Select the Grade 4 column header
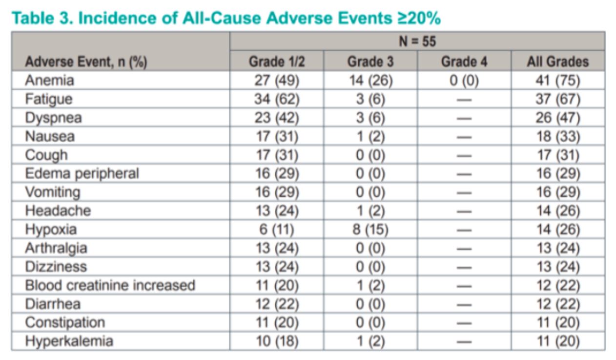(x=464, y=62)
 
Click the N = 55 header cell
(x=417, y=42)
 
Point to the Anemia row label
(x=49, y=81)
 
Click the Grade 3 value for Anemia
(x=370, y=81)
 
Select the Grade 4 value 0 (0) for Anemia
(x=464, y=81)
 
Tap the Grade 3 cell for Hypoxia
(x=370, y=230)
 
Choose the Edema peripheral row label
(x=82, y=173)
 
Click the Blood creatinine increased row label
(x=110, y=285)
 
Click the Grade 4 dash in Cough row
(x=464, y=155)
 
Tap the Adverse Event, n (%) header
(x=86, y=62)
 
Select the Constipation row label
(x=65, y=322)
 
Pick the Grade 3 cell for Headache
(x=370, y=211)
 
